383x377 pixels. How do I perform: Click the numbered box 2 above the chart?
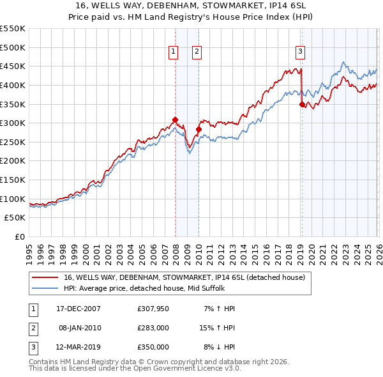click(197, 52)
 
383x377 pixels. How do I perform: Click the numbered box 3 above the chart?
click(300, 52)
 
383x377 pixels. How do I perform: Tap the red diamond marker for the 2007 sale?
click(175, 119)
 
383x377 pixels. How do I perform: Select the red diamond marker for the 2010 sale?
click(198, 129)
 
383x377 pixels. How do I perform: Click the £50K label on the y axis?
click(15, 218)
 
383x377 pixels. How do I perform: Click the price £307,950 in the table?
click(153, 309)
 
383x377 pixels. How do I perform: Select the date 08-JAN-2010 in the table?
click(79, 328)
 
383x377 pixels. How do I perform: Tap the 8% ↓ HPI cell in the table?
click(219, 347)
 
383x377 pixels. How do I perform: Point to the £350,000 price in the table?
click(153, 347)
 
